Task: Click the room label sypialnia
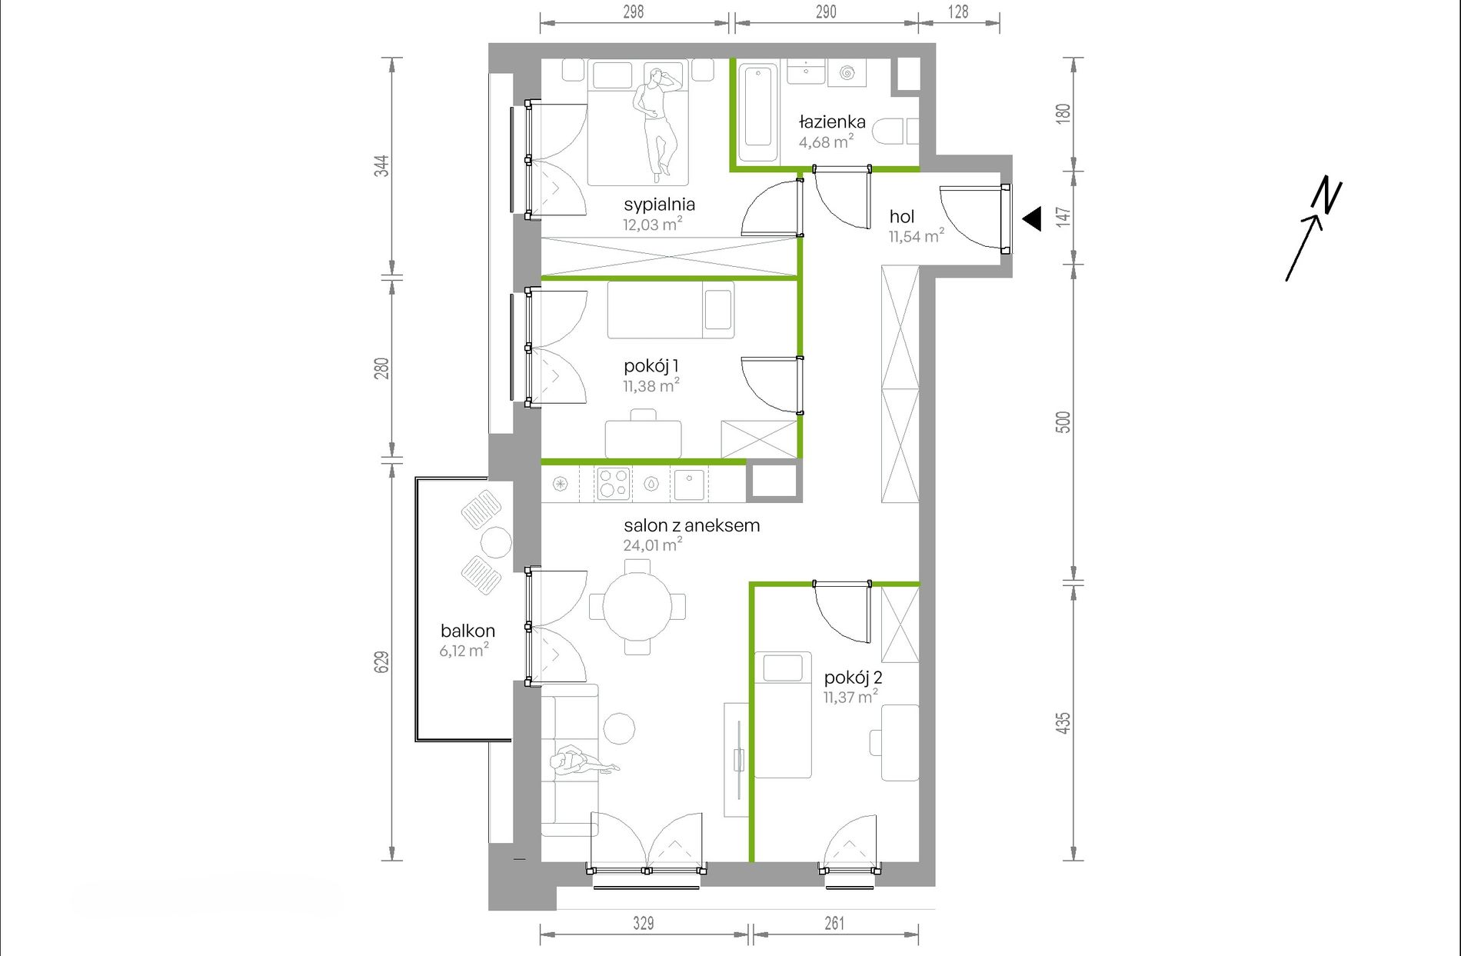pos(659,205)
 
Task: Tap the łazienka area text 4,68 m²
pos(826,142)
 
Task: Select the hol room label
pos(902,217)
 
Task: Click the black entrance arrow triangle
pos(1032,219)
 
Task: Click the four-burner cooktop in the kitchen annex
pos(613,484)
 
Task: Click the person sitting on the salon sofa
pos(581,761)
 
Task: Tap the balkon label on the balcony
pos(468,631)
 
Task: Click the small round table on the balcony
pos(496,542)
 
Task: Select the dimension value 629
pos(381,662)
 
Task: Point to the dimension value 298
pos(634,12)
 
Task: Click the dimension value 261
pos(834,923)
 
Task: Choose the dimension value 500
pos(1063,422)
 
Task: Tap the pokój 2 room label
pos(853,678)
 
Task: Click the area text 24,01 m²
pos(652,545)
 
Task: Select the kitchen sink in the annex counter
pos(689,484)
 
